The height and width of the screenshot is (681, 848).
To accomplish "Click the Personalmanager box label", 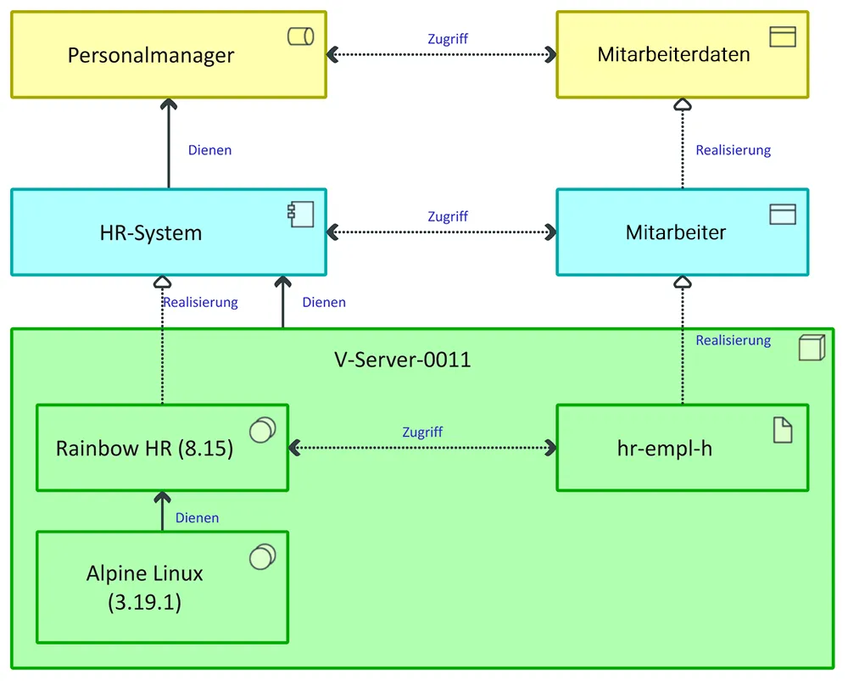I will (151, 56).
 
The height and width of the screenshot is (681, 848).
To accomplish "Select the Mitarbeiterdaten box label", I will (673, 55).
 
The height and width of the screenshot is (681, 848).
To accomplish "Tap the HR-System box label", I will (151, 233).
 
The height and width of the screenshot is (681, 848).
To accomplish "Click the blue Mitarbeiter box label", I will (676, 232).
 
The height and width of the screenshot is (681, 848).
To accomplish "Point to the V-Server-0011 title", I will (403, 360).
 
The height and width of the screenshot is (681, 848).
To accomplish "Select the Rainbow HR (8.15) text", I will (144, 449).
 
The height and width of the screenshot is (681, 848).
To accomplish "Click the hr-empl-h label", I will (665, 449).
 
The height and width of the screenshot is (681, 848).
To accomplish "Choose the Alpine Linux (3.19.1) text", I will (145, 588).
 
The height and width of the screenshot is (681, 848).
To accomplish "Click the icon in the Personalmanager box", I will (300, 36).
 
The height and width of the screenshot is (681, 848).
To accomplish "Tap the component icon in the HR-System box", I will (300, 215).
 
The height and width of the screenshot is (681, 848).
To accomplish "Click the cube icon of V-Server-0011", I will (812, 348).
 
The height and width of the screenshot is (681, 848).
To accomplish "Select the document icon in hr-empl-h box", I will (783, 430).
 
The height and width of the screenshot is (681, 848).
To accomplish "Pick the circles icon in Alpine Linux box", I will (262, 556).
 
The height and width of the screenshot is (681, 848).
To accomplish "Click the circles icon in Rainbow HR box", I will (262, 430).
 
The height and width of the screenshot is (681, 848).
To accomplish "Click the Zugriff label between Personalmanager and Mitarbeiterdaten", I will (448, 39).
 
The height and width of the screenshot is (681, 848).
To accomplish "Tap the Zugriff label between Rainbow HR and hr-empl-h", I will (422, 432).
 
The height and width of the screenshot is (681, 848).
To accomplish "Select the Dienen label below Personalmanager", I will (209, 150).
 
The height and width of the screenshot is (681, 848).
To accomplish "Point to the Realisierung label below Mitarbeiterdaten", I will (733, 150).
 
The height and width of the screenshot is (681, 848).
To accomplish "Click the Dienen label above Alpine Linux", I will (197, 517).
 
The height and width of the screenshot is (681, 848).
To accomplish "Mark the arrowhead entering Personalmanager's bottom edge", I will (169, 103).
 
